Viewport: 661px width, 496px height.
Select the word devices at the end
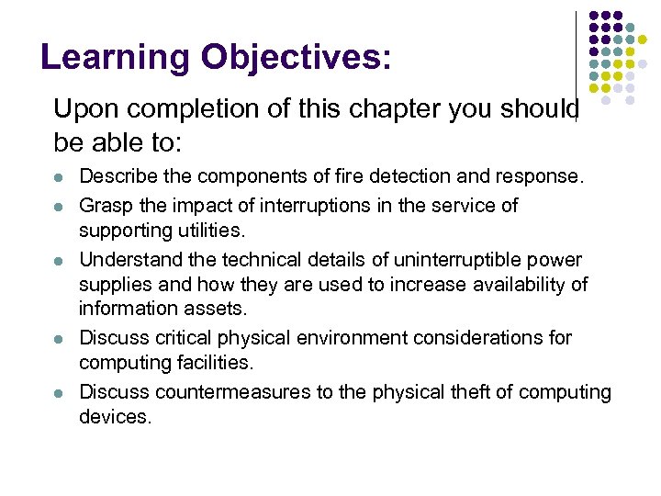pos(114,416)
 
